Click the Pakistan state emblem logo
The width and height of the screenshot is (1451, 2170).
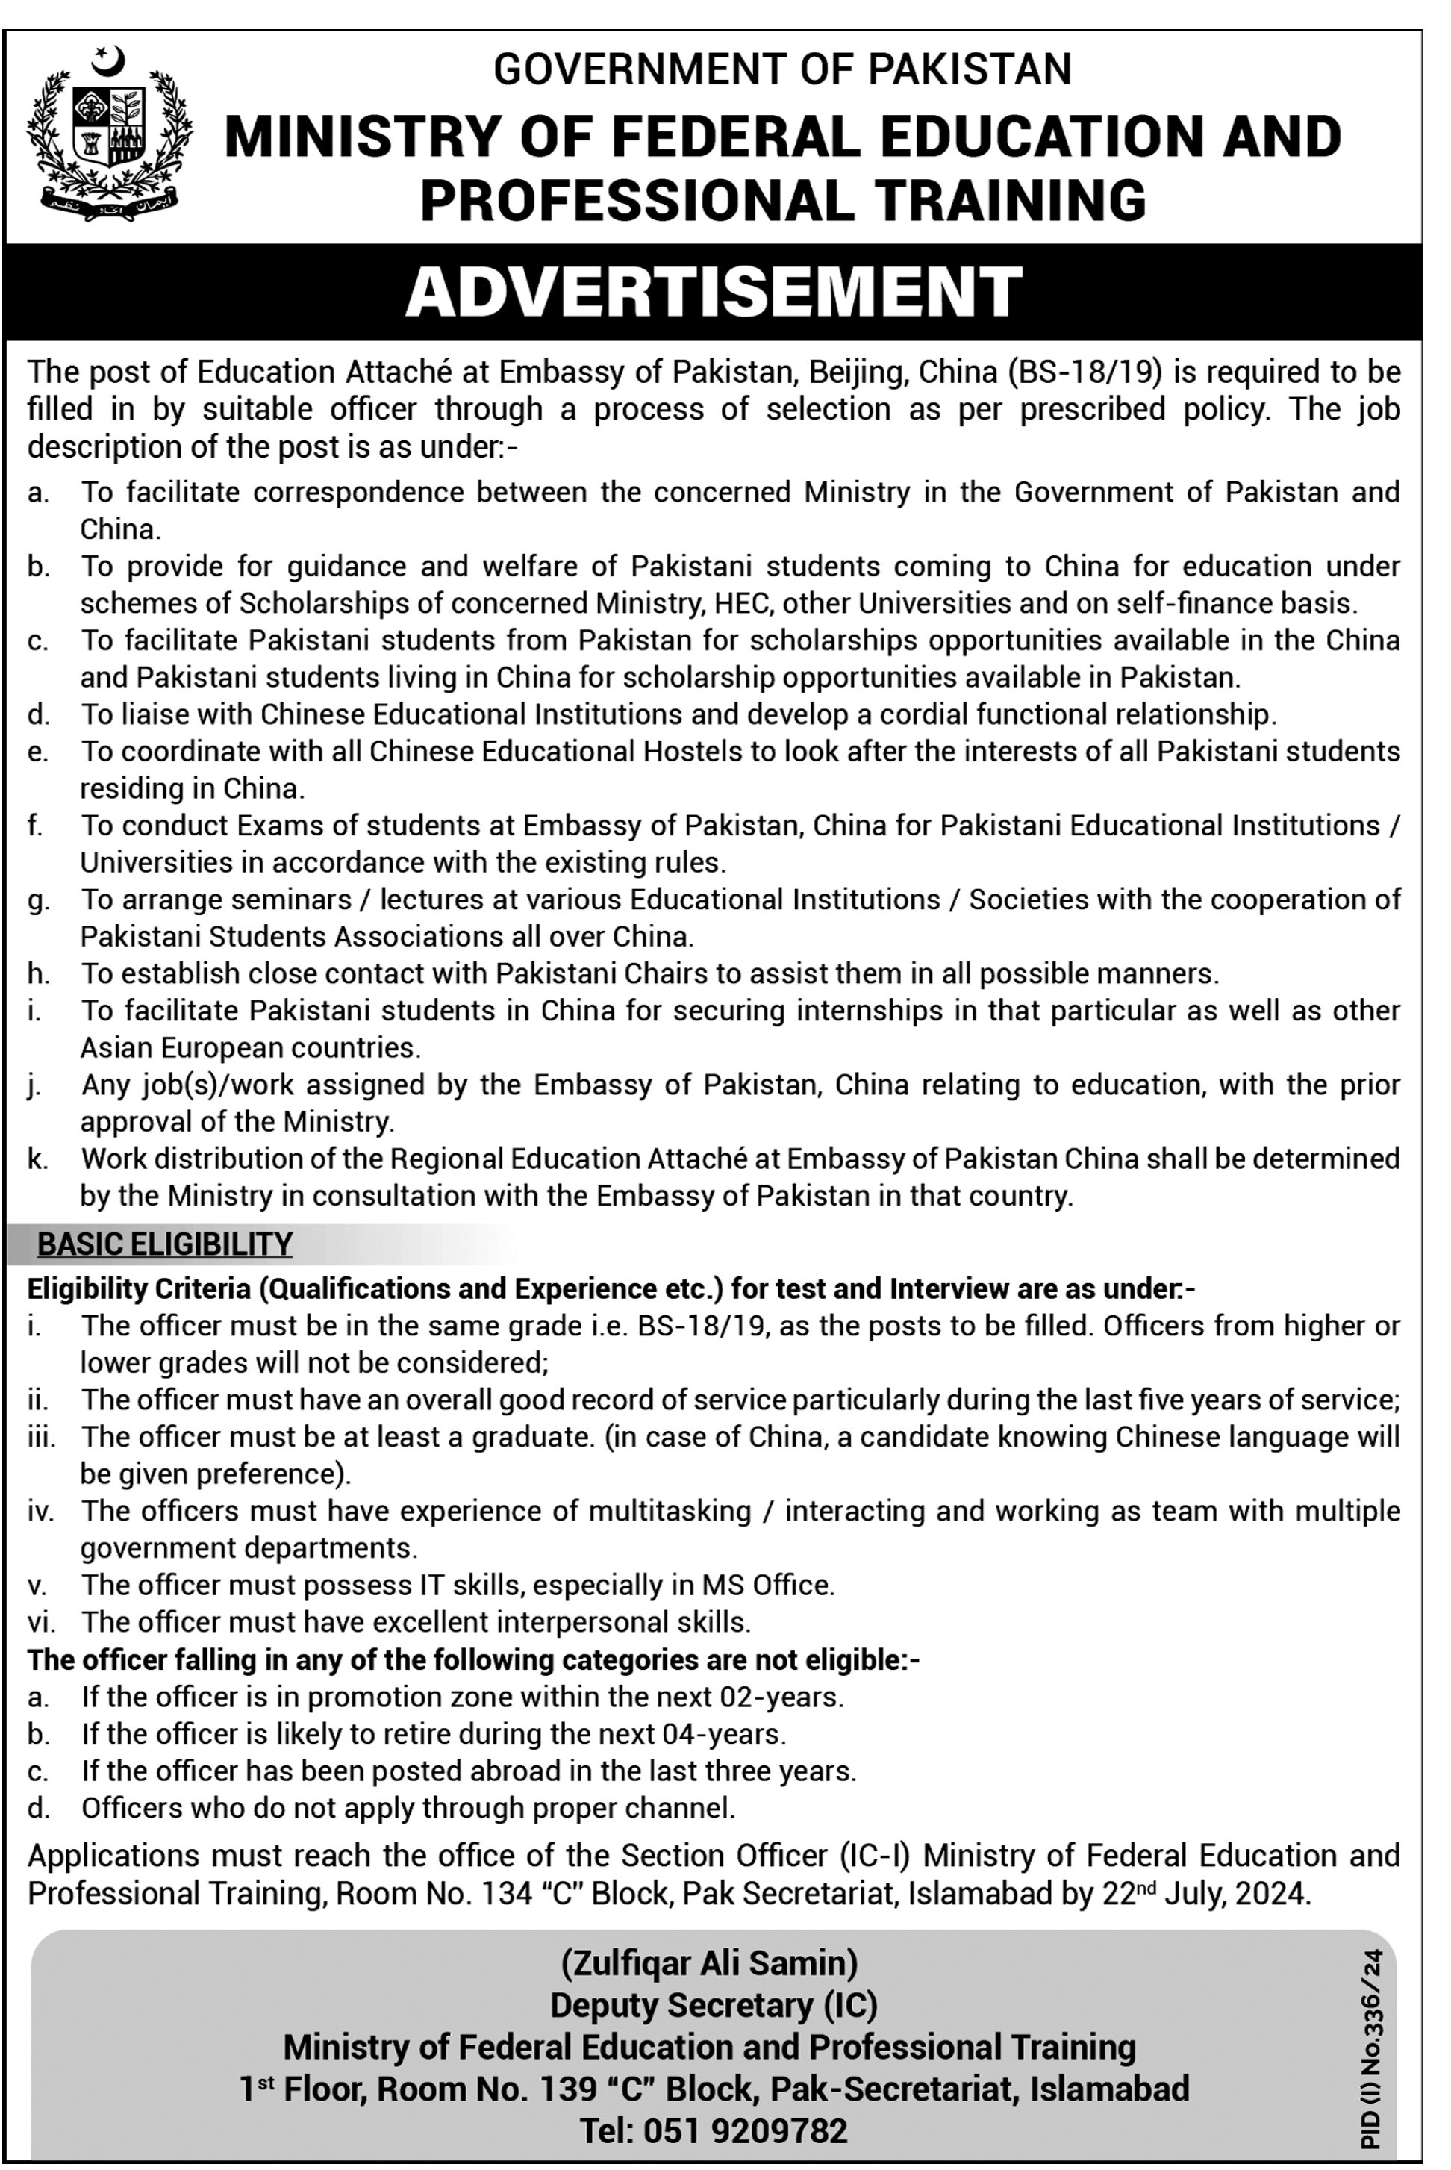109,135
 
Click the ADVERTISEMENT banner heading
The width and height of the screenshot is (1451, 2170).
714,291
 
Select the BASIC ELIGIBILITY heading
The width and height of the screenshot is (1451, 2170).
165,1244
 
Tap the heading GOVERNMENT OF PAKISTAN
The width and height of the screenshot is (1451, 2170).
782,69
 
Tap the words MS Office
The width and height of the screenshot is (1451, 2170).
767,1586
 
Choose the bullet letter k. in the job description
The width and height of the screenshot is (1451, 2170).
38,1159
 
